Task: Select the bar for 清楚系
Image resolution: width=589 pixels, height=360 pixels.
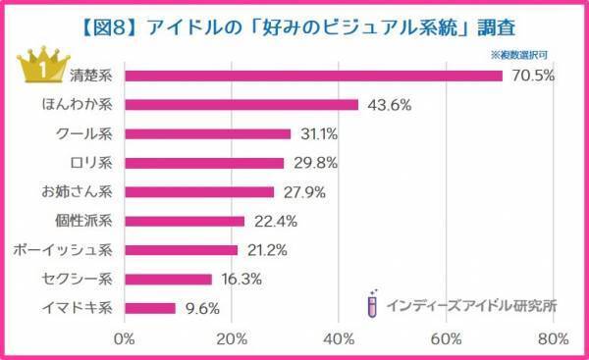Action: click(x=312, y=76)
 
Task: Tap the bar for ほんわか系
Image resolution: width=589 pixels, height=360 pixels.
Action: click(x=241, y=105)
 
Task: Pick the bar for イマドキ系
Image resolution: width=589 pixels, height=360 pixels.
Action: click(x=149, y=308)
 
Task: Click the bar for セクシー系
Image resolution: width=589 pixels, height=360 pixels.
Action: click(x=168, y=280)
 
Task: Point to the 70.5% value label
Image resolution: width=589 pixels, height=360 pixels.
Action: click(x=530, y=76)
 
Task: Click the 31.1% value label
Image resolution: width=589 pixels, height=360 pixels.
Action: click(x=318, y=134)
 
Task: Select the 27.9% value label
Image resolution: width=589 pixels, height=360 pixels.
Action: click(x=301, y=192)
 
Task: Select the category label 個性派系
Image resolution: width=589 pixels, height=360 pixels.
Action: click(x=88, y=221)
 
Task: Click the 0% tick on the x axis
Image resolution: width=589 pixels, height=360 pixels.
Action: click(x=125, y=339)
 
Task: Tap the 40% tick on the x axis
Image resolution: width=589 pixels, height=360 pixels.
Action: click(x=339, y=339)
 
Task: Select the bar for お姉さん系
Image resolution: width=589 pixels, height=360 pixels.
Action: click(x=198, y=192)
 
